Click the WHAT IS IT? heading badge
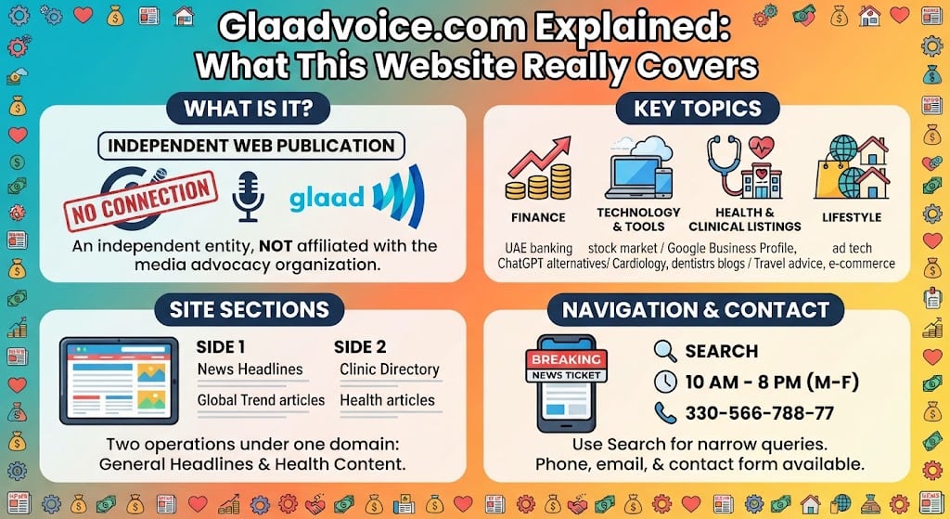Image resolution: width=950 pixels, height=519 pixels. coord(249,109)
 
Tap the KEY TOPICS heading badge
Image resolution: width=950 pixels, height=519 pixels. coord(698,109)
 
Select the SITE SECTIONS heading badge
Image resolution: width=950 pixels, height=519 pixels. coord(249,310)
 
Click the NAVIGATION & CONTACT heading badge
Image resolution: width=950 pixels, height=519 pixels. coord(696,310)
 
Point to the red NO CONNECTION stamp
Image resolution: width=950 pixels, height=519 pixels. coord(141,201)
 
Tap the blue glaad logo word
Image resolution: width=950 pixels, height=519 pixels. coord(327,199)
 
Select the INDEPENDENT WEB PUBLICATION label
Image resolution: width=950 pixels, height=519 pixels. coord(251,146)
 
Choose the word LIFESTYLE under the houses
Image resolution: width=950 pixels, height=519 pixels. coord(852,217)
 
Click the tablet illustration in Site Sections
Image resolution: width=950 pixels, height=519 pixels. coord(120,381)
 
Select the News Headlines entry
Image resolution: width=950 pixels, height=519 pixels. coord(250,370)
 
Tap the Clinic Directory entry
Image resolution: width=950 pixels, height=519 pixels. coord(390,370)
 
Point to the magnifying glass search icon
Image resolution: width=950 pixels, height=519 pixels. coord(665,351)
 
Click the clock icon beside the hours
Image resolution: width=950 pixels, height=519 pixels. coord(665,382)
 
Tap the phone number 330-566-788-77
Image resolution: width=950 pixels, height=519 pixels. coord(760,413)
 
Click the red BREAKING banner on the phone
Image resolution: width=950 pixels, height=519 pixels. coord(567,359)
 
